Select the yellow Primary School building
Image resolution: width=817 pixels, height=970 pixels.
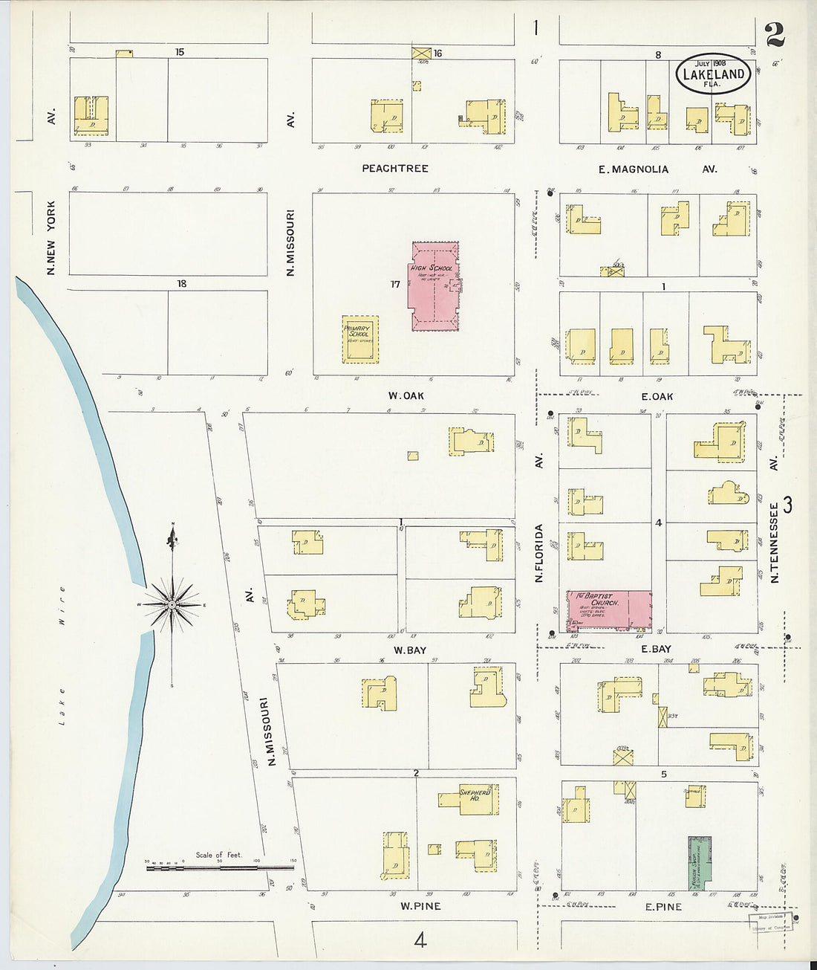tap(360, 339)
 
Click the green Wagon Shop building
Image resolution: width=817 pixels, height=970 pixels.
tap(699, 861)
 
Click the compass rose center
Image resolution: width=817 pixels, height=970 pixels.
tap(172, 605)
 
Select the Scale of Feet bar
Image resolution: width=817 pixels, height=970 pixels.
tap(220, 867)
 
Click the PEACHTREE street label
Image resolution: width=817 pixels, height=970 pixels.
tap(395, 169)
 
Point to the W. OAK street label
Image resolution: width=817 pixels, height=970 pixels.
tap(406, 395)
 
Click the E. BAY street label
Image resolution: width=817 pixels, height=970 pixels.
tap(656, 649)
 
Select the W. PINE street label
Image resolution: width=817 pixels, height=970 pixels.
tap(420, 906)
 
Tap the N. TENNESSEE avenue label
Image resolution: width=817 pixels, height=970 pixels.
tap(774, 543)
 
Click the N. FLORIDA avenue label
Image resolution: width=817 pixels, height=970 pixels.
tap(540, 552)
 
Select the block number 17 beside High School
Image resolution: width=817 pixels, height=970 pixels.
tap(394, 284)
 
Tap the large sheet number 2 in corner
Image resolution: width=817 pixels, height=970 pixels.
tap(774, 33)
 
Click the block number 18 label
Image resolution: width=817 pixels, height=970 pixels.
tap(181, 283)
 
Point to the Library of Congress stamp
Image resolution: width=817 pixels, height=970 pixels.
tap(770, 922)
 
